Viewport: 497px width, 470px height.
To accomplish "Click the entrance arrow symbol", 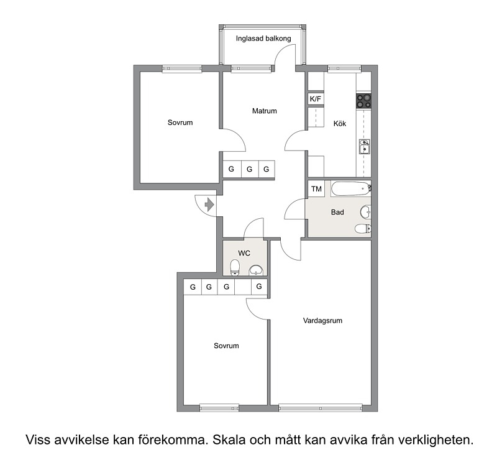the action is pos(209,205).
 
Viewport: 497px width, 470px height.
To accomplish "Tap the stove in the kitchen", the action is pos(363,101).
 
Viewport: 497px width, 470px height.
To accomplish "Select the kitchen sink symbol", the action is pos(364,147).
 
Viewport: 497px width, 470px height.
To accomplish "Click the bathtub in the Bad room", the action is pos(351,188).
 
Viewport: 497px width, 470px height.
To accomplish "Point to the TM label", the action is pos(316,189).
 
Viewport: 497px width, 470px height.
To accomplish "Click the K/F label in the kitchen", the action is pos(316,99).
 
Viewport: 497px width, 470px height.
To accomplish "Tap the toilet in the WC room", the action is pos(235,268).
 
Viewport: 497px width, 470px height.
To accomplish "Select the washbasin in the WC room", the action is pos(256,270).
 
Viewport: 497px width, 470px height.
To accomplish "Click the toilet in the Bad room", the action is pos(363,228).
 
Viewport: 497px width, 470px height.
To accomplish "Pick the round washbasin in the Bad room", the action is pos(365,212).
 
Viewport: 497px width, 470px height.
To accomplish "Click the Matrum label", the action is pos(265,111).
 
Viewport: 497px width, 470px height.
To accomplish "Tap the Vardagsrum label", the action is pos(322,321).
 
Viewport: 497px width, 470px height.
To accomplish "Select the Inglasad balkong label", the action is pos(263,39).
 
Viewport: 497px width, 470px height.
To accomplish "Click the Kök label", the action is pos(340,123).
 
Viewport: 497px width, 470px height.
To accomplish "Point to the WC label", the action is pos(244,253).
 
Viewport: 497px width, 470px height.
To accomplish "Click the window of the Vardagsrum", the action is pos(320,408).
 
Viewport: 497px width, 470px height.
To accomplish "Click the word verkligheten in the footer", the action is pos(436,440).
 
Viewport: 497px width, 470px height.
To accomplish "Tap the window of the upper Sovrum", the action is pos(182,68).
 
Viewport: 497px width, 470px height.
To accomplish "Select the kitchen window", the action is pos(344,68).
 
